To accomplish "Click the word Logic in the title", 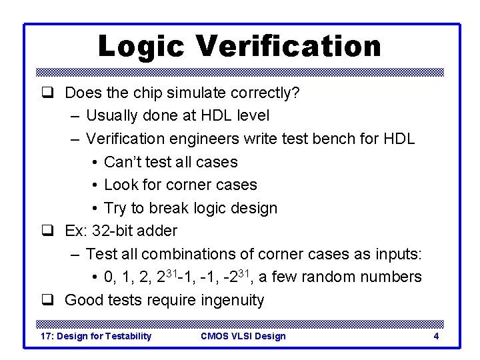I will pyautogui.click(x=141, y=47).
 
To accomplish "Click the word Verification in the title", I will pyautogui.click(x=288, y=47).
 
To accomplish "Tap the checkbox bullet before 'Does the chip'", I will pyautogui.click(x=47, y=93).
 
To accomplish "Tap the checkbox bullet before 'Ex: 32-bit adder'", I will pyautogui.click(x=47, y=231).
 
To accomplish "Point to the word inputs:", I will pyautogui.click(x=397, y=254).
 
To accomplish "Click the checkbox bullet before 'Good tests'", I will pyautogui.click(x=47, y=300).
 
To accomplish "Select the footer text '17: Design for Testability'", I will pyautogui.click(x=96, y=336).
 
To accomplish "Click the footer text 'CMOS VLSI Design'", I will pyautogui.click(x=243, y=336).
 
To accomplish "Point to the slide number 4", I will pyautogui.click(x=436, y=336).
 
